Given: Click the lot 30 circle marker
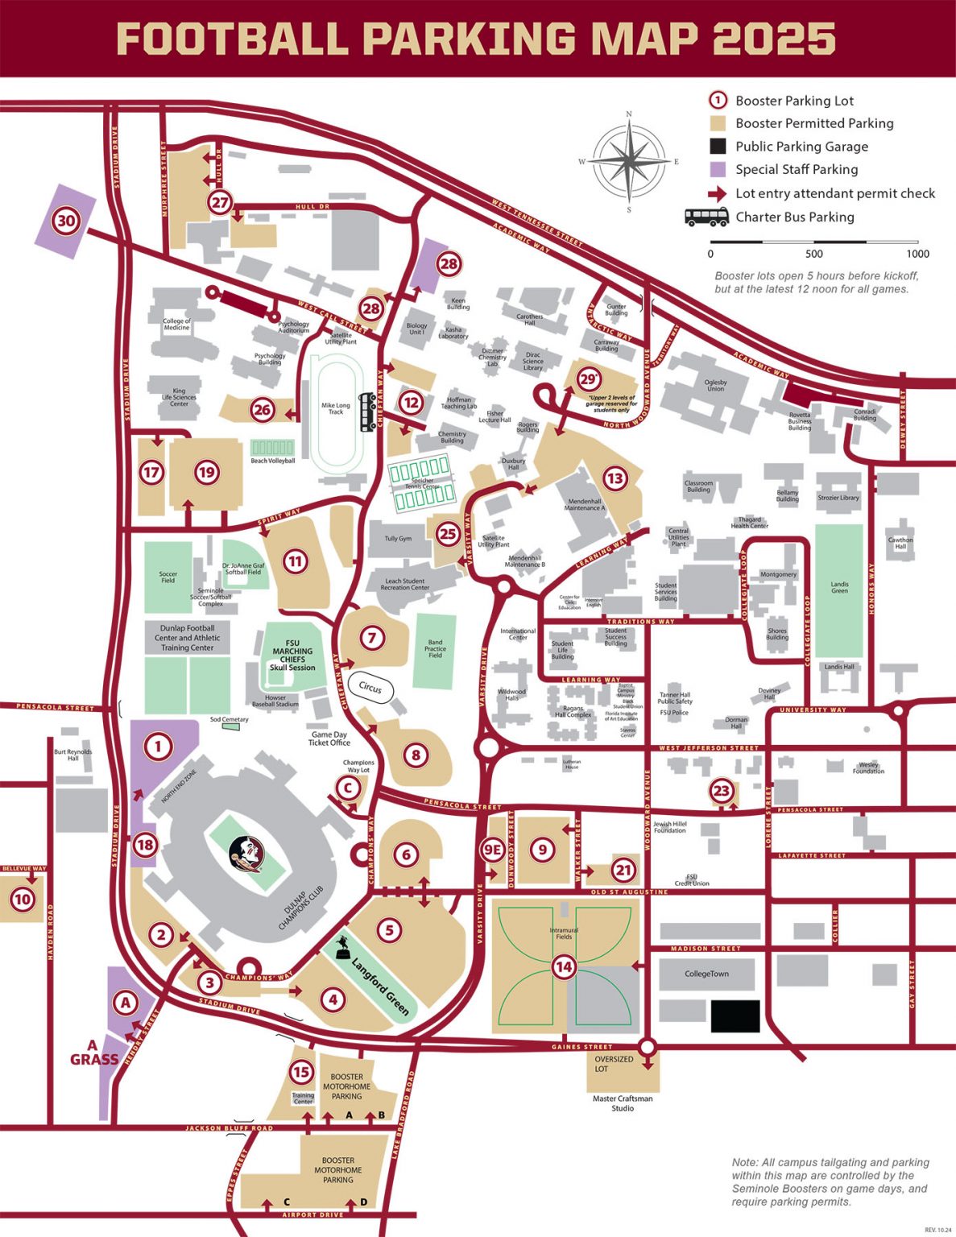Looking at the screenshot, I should point(66,220).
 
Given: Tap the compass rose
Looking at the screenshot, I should point(629,160).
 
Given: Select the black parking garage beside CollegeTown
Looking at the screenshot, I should point(735,1016).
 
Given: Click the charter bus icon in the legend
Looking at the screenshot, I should point(706,217).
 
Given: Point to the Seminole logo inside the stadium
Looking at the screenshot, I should point(246,854).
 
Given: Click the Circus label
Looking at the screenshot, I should point(370,688).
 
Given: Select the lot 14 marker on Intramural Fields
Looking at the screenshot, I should point(564,966).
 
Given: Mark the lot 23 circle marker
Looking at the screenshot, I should point(721,791).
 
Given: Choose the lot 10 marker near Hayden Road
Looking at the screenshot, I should point(22,900).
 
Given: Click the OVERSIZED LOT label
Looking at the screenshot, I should point(614,1064).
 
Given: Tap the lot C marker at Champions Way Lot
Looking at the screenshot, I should point(348,788).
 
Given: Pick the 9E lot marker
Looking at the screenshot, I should point(492,850).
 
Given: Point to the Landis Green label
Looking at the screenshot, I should point(839,587).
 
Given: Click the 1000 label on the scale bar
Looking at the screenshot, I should point(917,254).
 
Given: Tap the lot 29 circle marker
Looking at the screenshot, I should point(589,379).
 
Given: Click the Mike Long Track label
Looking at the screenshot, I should point(336,408).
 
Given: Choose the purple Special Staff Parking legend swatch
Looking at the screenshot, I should point(718,170).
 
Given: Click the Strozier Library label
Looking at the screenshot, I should point(838,498).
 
